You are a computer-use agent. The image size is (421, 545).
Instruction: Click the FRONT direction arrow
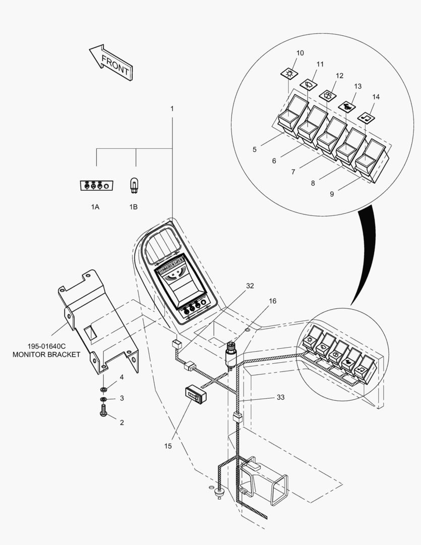pyautogui.click(x=111, y=63)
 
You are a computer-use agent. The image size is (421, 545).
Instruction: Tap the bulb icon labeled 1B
pyautogui.click(x=134, y=186)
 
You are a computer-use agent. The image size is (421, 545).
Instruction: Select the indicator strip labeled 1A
pyautogui.click(x=96, y=186)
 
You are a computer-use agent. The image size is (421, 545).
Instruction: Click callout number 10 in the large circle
pyautogui.click(x=300, y=53)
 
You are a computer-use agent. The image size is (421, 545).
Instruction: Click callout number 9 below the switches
pyautogui.click(x=332, y=194)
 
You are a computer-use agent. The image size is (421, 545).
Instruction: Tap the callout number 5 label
pyautogui.click(x=255, y=149)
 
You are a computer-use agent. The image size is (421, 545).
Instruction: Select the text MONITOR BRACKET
pyautogui.click(x=46, y=355)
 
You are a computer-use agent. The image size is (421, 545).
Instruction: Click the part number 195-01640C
pyautogui.click(x=46, y=347)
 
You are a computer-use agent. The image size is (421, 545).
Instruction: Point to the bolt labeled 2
pyautogui.click(x=103, y=412)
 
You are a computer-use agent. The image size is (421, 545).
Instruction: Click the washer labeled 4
pyautogui.click(x=104, y=390)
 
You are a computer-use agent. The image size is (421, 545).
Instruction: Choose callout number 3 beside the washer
pyautogui.click(x=122, y=398)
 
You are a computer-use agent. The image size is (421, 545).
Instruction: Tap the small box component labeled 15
pyautogui.click(x=194, y=393)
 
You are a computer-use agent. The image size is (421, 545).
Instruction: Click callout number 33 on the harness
pyautogui.click(x=280, y=398)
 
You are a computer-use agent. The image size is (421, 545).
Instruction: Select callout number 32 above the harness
pyautogui.click(x=250, y=286)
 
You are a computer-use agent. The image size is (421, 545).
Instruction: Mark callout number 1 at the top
pyautogui.click(x=172, y=108)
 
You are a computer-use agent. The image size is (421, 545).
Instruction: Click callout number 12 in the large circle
pyautogui.click(x=339, y=76)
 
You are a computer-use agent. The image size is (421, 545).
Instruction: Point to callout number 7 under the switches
pyautogui.click(x=293, y=172)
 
